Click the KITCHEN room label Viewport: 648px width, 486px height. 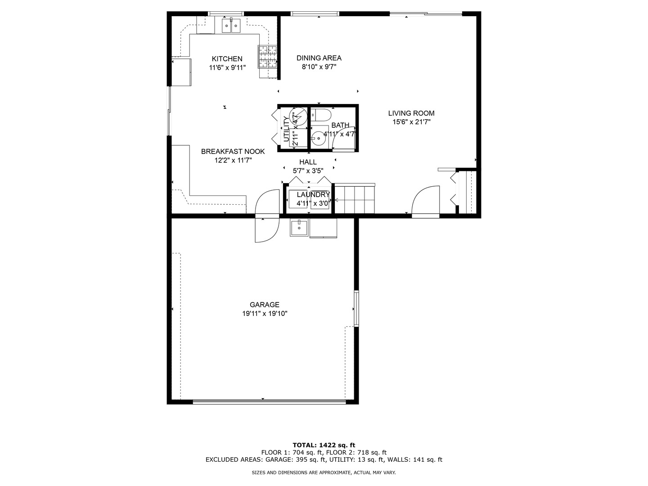[227, 58]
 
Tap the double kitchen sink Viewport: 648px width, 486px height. [231, 26]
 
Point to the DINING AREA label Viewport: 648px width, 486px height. [319, 58]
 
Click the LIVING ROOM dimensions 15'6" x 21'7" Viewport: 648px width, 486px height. [411, 121]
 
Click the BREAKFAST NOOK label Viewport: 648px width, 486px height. [233, 151]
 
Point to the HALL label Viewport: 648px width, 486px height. [308, 162]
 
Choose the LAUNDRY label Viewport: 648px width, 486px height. [313, 194]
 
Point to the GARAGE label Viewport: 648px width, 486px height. [265, 305]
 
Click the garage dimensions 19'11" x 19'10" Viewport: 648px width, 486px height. [265, 314]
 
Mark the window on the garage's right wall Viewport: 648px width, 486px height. [356, 308]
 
